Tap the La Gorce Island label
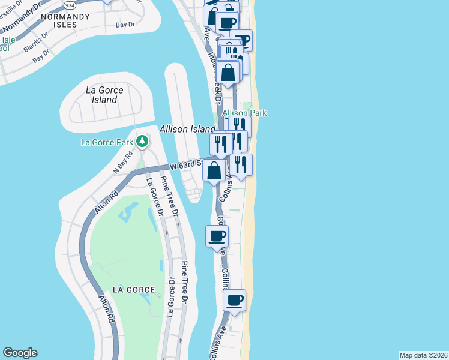(x=104, y=95)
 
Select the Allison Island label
(x=187, y=129)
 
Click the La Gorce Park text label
(x=107, y=142)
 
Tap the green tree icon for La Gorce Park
(x=142, y=142)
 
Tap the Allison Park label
(x=244, y=113)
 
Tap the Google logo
(x=20, y=353)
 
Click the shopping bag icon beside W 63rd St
(x=214, y=170)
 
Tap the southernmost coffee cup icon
(x=235, y=300)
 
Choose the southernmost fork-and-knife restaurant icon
(x=241, y=164)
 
